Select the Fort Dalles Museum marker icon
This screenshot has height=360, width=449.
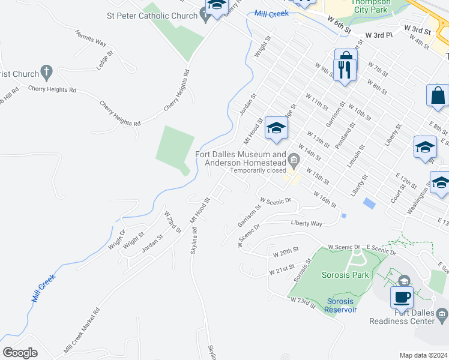(294, 159)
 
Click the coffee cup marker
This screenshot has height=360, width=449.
(402, 297)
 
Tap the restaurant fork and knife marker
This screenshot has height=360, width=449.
(344, 70)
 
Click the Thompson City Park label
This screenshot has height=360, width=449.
(370, 6)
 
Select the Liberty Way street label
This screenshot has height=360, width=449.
(307, 224)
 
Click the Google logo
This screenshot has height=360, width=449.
(20, 353)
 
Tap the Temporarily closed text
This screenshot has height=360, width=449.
(258, 170)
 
